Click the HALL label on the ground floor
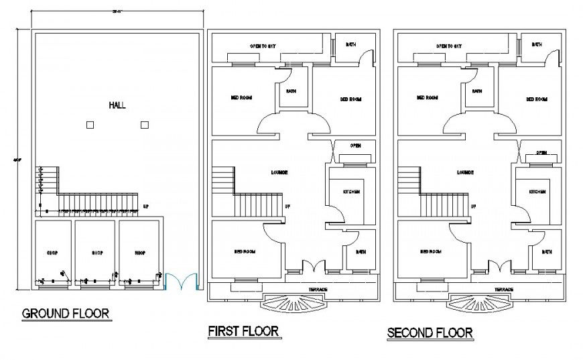point(117,105)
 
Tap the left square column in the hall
point(90,125)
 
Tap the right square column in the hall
point(144,125)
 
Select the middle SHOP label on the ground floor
point(97,253)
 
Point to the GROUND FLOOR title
point(66,313)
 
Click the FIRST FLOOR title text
point(243,331)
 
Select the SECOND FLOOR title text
point(430,332)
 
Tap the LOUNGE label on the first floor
point(279,172)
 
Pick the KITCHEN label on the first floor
point(352,192)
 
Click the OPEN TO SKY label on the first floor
point(263,46)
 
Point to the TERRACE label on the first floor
point(318,289)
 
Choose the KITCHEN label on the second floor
point(537,192)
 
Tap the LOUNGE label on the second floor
point(466,172)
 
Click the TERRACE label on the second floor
point(503,289)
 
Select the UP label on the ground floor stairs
point(146,206)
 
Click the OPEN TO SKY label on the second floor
point(449,46)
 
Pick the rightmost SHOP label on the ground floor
point(140,253)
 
